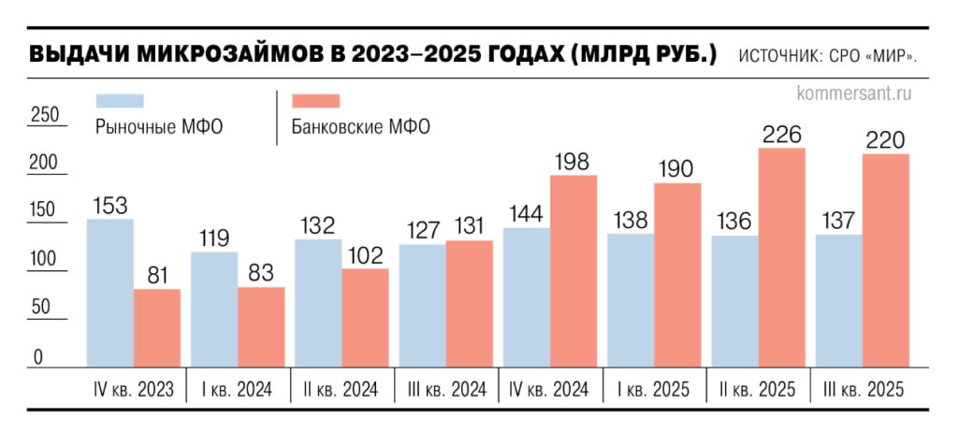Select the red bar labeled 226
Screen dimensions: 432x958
(781, 257)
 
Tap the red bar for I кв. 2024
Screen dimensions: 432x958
(261, 326)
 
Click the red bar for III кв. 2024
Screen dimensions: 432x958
(469, 303)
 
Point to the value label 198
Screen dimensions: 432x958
(573, 162)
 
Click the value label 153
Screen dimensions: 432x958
(109, 206)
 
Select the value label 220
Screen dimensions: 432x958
(885, 140)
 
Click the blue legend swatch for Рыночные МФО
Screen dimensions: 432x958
(121, 101)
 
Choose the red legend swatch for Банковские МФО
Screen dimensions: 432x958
(316, 101)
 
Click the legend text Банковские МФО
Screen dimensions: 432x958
(360, 127)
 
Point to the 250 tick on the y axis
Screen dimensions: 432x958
(45, 115)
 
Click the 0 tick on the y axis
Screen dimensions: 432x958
(38, 356)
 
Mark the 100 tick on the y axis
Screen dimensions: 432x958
(45, 260)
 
